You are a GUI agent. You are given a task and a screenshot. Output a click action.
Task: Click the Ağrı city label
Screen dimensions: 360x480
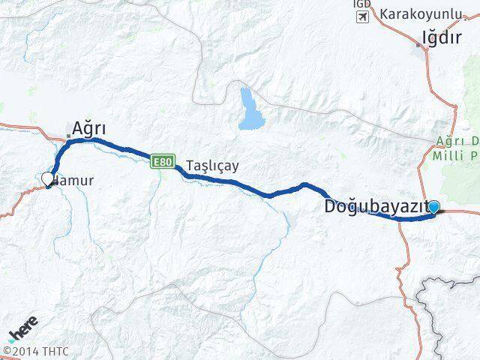[89, 129]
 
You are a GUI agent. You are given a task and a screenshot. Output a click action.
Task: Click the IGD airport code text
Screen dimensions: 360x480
[361, 4]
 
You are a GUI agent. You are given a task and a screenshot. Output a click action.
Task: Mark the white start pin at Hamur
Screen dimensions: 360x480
[47, 179]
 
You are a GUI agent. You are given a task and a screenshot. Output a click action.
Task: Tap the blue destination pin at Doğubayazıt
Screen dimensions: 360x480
[433, 207]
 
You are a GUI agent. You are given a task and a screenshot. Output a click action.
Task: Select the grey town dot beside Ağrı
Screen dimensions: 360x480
[68, 136]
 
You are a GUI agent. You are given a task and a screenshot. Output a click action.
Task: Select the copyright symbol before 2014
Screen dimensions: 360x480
[6, 349]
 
